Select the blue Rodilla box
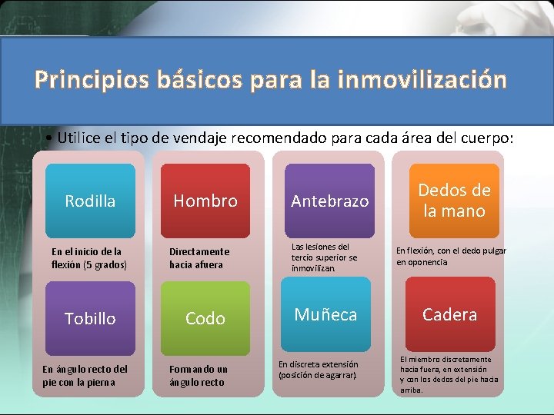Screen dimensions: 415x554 [90, 201]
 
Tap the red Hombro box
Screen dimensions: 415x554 [205, 201]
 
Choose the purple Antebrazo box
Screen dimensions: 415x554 [329, 201]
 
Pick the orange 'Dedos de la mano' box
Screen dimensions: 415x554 [453, 200]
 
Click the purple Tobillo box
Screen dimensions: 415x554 [90, 318]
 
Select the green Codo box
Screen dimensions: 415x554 [205, 318]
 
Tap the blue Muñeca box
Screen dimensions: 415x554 [325, 314]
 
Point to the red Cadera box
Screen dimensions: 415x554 [449, 314]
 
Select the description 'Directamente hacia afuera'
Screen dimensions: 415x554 [199, 258]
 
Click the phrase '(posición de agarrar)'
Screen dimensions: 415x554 [317, 375]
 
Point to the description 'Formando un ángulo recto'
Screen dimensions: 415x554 [199, 376]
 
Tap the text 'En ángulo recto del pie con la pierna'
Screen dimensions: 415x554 [85, 376]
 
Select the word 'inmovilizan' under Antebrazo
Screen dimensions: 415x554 [313, 269]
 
